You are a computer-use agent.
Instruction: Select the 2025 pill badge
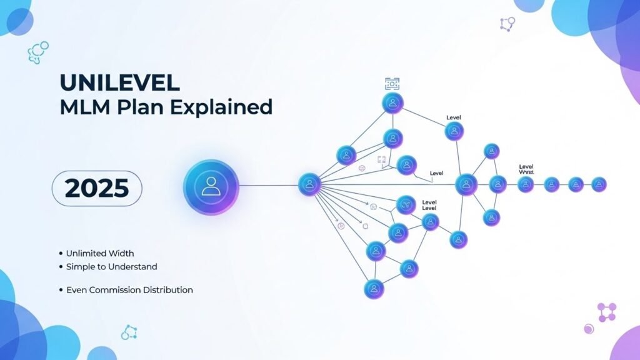tap(96, 187)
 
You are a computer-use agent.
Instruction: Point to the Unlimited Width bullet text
tap(100, 253)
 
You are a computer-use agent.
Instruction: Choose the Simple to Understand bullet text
tap(111, 267)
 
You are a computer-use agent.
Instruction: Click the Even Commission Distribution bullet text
tap(129, 290)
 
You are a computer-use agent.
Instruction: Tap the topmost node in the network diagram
tap(392, 103)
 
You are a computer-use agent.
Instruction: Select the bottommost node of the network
tap(374, 288)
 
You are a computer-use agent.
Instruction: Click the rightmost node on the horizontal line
tap(598, 184)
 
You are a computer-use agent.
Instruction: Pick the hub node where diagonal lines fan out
tap(309, 184)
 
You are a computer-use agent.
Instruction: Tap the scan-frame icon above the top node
tap(392, 83)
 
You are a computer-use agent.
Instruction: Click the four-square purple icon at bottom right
tap(607, 311)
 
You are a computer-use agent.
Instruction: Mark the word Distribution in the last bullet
tap(169, 290)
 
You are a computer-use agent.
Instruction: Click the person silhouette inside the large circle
tap(211, 186)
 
